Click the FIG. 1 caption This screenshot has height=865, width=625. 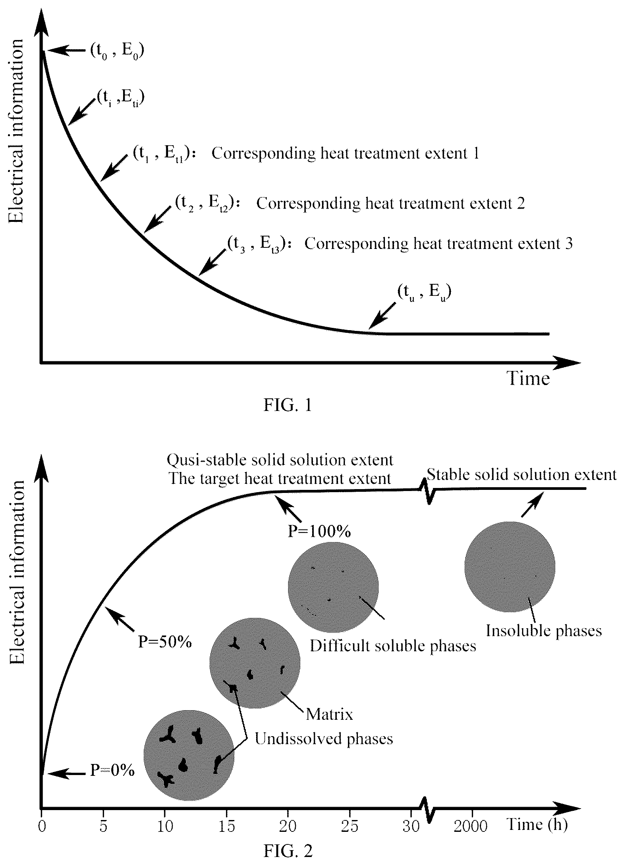pyautogui.click(x=288, y=404)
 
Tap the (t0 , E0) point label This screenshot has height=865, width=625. pyautogui.click(x=117, y=50)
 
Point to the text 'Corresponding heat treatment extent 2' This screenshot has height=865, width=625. pyautogui.click(x=391, y=203)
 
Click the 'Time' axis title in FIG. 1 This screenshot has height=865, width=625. pyautogui.click(x=528, y=378)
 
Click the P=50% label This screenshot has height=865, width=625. pyautogui.click(x=165, y=642)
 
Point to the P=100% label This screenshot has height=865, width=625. pyautogui.click(x=319, y=531)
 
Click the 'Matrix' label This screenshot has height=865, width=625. pyautogui.click(x=330, y=714)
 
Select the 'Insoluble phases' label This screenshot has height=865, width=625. pyautogui.click(x=544, y=631)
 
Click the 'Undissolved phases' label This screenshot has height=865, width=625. pyautogui.click(x=324, y=739)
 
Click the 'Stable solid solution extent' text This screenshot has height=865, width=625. pyautogui.click(x=521, y=475)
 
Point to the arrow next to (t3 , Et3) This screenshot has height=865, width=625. pyautogui.click(x=212, y=262)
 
